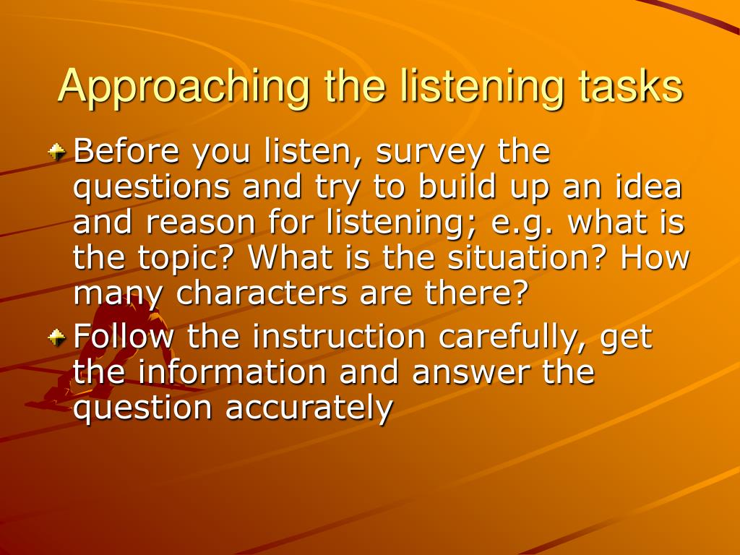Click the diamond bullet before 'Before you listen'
[57, 152]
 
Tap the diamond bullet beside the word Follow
[57, 337]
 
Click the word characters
[261, 293]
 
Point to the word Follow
[124, 336]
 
